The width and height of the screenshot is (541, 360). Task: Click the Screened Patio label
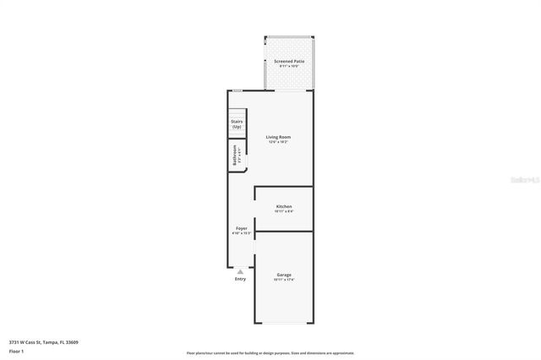pos(289,62)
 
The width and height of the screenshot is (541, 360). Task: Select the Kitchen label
pos(284,206)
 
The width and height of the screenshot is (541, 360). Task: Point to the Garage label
pos(284,275)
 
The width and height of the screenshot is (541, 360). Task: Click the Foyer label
pos(241,229)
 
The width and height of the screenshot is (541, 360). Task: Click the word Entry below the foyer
pos(241,279)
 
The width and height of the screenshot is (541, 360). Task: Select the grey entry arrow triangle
pos(241,271)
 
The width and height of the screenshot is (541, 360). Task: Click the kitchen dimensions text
pos(284,211)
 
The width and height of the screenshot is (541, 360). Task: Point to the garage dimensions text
pos(284,280)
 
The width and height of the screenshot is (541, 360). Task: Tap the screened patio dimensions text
pos(289,67)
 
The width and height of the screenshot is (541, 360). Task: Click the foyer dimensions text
pos(241,234)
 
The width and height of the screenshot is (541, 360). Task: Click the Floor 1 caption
pos(15,351)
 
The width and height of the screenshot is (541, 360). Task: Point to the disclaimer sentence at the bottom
pos(270,353)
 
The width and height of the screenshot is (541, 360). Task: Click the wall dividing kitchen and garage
pos(284,231)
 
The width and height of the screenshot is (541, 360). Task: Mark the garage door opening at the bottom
pos(284,324)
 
